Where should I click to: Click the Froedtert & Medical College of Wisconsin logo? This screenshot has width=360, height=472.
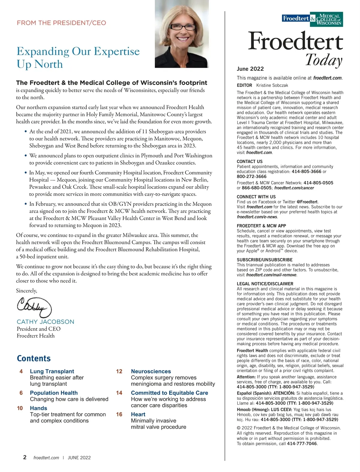[x=313, y=19]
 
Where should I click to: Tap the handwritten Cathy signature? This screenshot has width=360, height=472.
[x=34, y=306]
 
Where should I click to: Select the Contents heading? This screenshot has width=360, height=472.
[x=34, y=358]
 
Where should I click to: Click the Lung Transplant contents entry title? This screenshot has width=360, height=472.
[x=52, y=371]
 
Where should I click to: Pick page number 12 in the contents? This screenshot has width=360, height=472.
[x=119, y=371]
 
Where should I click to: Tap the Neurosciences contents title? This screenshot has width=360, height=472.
[x=151, y=371]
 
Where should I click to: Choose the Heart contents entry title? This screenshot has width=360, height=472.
[x=138, y=414]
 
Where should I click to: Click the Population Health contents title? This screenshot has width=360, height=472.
[x=54, y=393]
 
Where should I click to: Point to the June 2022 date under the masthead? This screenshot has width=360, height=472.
[x=250, y=69]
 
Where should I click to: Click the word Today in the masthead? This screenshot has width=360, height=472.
[x=324, y=60]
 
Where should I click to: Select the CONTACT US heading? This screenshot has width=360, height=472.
[x=250, y=162]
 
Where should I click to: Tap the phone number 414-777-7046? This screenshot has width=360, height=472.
[x=302, y=444]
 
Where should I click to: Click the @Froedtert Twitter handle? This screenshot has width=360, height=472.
[x=307, y=202]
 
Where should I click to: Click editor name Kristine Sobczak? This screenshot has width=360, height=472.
[x=272, y=85]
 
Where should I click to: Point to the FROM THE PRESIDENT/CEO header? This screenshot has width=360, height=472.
[x=61, y=23]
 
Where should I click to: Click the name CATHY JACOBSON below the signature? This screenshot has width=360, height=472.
[x=45, y=322]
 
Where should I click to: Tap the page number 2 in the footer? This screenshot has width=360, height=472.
[x=25, y=457]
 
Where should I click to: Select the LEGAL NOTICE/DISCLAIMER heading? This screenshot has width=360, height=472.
[x=265, y=284]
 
